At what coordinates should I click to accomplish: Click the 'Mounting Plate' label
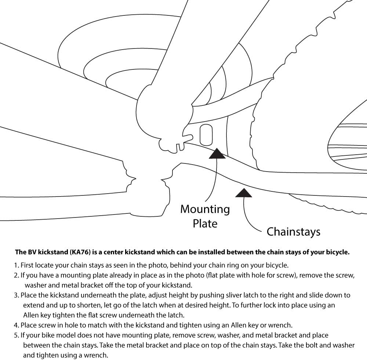pos(205,216)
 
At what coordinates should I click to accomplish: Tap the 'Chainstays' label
pos(293,232)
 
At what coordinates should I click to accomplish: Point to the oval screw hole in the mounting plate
pos(206,134)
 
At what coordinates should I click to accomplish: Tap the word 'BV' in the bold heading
pos(31,252)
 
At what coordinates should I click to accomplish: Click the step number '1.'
pos(17,265)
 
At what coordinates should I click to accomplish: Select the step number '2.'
pos(17,275)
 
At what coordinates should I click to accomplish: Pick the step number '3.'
pos(17,295)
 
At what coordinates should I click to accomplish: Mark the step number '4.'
pos(17,325)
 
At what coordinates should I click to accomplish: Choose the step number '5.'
pos(17,335)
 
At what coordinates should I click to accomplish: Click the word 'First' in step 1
pos(28,265)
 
